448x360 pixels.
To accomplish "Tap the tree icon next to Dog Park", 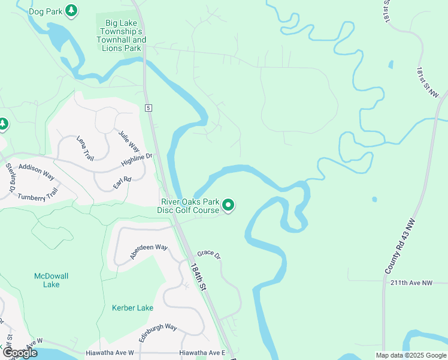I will [72, 10].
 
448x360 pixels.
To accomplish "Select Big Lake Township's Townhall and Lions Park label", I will [122, 36].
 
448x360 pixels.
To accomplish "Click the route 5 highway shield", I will [149, 107].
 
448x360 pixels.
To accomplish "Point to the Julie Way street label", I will [129, 141].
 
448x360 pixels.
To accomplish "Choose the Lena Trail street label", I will [85, 148].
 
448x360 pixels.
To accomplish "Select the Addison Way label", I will [36, 172].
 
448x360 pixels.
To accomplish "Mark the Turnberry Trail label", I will [38, 194].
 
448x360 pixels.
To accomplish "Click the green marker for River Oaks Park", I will [228, 206].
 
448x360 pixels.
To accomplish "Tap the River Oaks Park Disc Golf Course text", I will [188, 206].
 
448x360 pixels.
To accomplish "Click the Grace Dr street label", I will [209, 254].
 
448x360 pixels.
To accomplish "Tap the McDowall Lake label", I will [51, 280].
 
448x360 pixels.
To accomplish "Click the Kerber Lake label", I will [132, 308].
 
